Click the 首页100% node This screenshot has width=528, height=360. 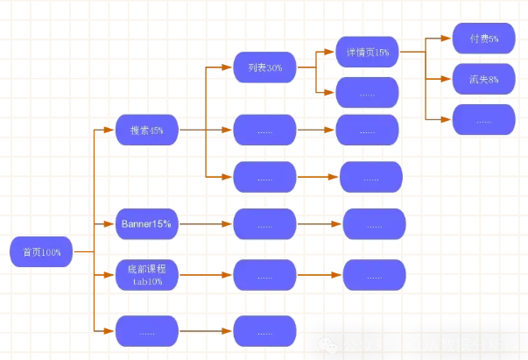click(40, 251)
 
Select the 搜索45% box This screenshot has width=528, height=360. click(147, 130)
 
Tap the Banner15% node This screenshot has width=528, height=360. click(147, 224)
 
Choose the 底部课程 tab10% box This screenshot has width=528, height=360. click(147, 275)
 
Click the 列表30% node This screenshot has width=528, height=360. click(264, 67)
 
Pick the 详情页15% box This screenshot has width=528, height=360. click(368, 53)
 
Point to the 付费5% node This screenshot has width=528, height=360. click(484, 39)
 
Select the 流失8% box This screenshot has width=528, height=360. click(484, 79)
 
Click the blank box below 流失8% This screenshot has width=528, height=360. click(484, 119)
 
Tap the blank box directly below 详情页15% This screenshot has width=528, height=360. click(368, 92)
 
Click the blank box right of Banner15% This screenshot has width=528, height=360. click(264, 224)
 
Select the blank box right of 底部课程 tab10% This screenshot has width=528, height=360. click(264, 275)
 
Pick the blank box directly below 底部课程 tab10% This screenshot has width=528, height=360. click(147, 331)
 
